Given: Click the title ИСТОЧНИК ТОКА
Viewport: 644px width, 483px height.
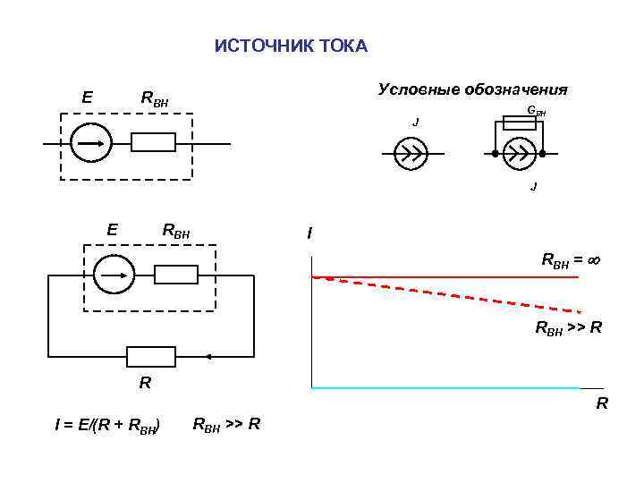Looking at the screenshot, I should [x=291, y=47].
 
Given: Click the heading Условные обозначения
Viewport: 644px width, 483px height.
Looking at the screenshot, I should [x=473, y=89].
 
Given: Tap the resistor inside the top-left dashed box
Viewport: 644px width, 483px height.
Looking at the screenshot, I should [x=153, y=143].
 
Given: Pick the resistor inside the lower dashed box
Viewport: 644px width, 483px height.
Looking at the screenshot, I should [x=175, y=275].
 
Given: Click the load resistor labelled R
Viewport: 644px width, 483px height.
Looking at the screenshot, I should [x=151, y=356].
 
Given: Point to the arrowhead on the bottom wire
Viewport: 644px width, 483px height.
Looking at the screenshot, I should [x=208, y=356].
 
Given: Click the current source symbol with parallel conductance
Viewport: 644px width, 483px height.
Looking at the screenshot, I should [x=519, y=154].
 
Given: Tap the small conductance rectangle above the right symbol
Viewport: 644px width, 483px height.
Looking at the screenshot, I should [x=519, y=123].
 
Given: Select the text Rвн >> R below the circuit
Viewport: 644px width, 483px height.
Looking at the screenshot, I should [x=226, y=423].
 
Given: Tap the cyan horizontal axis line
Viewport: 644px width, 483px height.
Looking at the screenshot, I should [x=447, y=388].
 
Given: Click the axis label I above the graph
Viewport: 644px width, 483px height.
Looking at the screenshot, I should [x=309, y=233].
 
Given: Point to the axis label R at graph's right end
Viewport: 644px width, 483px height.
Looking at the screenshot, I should [x=602, y=403].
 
